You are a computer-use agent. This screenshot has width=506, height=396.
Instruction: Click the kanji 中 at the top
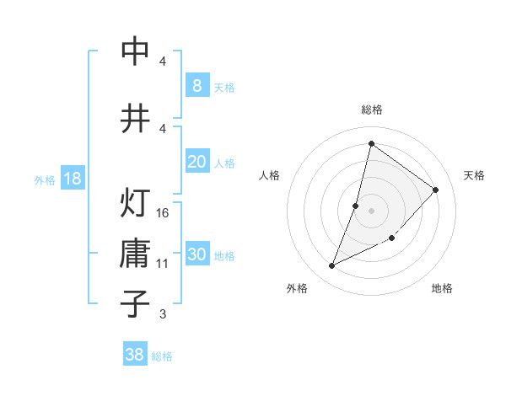(x=135, y=52)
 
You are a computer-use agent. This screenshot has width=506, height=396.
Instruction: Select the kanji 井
(x=135, y=118)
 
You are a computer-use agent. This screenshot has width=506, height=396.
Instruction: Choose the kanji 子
(x=135, y=304)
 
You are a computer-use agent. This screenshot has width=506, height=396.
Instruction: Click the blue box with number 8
(x=196, y=86)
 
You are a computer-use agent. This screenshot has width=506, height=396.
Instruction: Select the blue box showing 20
(x=196, y=162)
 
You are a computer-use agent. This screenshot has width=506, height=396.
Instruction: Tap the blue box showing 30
(x=196, y=255)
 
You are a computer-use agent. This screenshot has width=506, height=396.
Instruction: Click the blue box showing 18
(x=73, y=179)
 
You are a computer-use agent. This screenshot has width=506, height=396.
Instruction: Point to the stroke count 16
(x=163, y=212)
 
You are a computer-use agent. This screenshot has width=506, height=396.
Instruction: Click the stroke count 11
(x=163, y=263)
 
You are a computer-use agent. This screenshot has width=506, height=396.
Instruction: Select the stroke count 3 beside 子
(x=163, y=314)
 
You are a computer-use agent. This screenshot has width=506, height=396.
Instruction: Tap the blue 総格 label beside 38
(x=162, y=356)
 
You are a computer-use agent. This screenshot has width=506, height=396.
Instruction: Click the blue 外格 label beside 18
(x=45, y=179)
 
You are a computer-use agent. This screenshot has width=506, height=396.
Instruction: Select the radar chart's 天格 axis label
(x=474, y=175)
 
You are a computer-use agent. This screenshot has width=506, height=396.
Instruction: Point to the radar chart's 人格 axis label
(x=269, y=175)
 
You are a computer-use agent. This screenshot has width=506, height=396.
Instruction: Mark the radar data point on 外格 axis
(x=332, y=266)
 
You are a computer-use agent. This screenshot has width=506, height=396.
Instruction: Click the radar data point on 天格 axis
(x=436, y=190)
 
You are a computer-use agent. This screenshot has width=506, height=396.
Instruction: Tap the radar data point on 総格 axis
(x=371, y=143)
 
